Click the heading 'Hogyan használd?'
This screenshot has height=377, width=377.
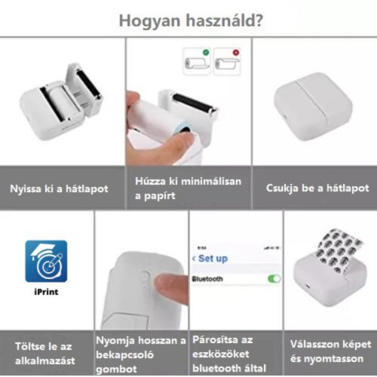pos(188,20)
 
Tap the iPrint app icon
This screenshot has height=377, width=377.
pos(46,261)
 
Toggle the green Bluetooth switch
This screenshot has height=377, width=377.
pos(273,278)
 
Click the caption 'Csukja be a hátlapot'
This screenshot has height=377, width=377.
pos(317,188)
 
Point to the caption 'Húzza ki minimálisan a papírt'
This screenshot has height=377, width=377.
pos(181,188)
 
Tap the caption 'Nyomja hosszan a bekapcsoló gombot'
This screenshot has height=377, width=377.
pos(141,354)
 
